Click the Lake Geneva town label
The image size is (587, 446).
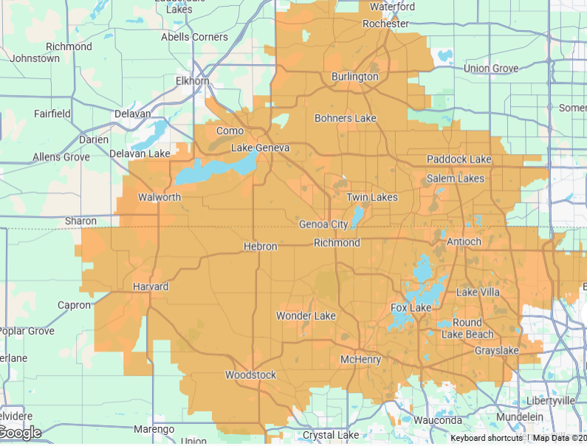tap(261, 148)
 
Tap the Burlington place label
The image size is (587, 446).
tap(354, 77)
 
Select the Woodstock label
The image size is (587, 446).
tap(250, 375)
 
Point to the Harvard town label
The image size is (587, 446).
tap(151, 286)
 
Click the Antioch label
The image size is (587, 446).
tap(464, 242)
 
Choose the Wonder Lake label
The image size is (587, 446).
tap(306, 316)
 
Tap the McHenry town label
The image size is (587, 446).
tap(360, 359)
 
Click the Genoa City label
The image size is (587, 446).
tap(323, 224)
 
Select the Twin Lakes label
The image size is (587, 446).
tap(372, 197)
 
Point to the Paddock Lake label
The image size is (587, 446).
tap(459, 159)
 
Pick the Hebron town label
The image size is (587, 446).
tap(260, 246)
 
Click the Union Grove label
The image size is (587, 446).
tap(492, 69)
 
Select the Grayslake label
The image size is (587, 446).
tap(497, 351)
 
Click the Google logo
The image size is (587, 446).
tap(21, 433)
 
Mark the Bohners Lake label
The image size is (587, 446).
tap(345, 118)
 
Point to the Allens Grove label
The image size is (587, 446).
tap(61, 157)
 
